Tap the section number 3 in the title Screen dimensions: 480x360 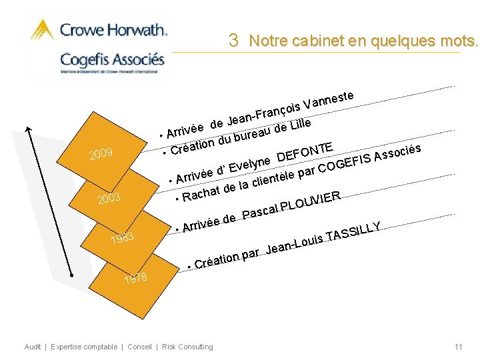click(x=233, y=40)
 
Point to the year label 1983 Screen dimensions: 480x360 click(x=122, y=237)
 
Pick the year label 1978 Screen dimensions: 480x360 click(x=135, y=278)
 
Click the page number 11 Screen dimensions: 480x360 click(x=459, y=347)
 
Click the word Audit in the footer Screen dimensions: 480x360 click(x=33, y=347)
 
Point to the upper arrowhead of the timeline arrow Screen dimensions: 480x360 click(x=29, y=129)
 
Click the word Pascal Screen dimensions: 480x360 click(x=259, y=211)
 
